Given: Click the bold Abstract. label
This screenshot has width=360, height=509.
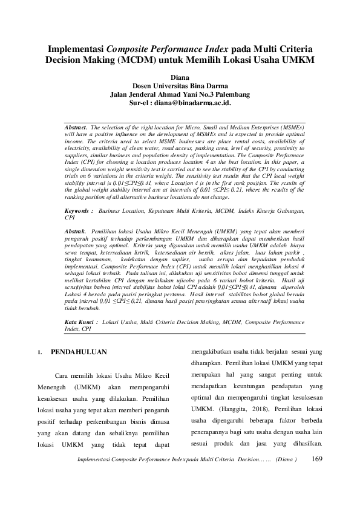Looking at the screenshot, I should [76, 128].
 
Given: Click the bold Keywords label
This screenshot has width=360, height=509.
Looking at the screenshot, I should [77, 212].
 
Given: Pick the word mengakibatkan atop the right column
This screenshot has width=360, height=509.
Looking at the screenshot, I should [215, 351].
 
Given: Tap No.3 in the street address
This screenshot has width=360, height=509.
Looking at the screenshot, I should [204, 95].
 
